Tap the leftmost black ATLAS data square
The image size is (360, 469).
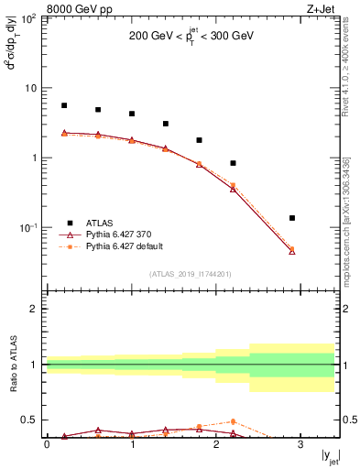point(64,105)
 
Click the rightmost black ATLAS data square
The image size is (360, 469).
point(292,218)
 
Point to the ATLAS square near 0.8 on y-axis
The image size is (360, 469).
point(233,163)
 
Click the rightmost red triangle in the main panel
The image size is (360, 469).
point(292,250)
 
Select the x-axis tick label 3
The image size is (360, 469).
point(300,445)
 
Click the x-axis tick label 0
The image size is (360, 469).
point(47,445)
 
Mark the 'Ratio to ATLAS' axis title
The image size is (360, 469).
point(14,365)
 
